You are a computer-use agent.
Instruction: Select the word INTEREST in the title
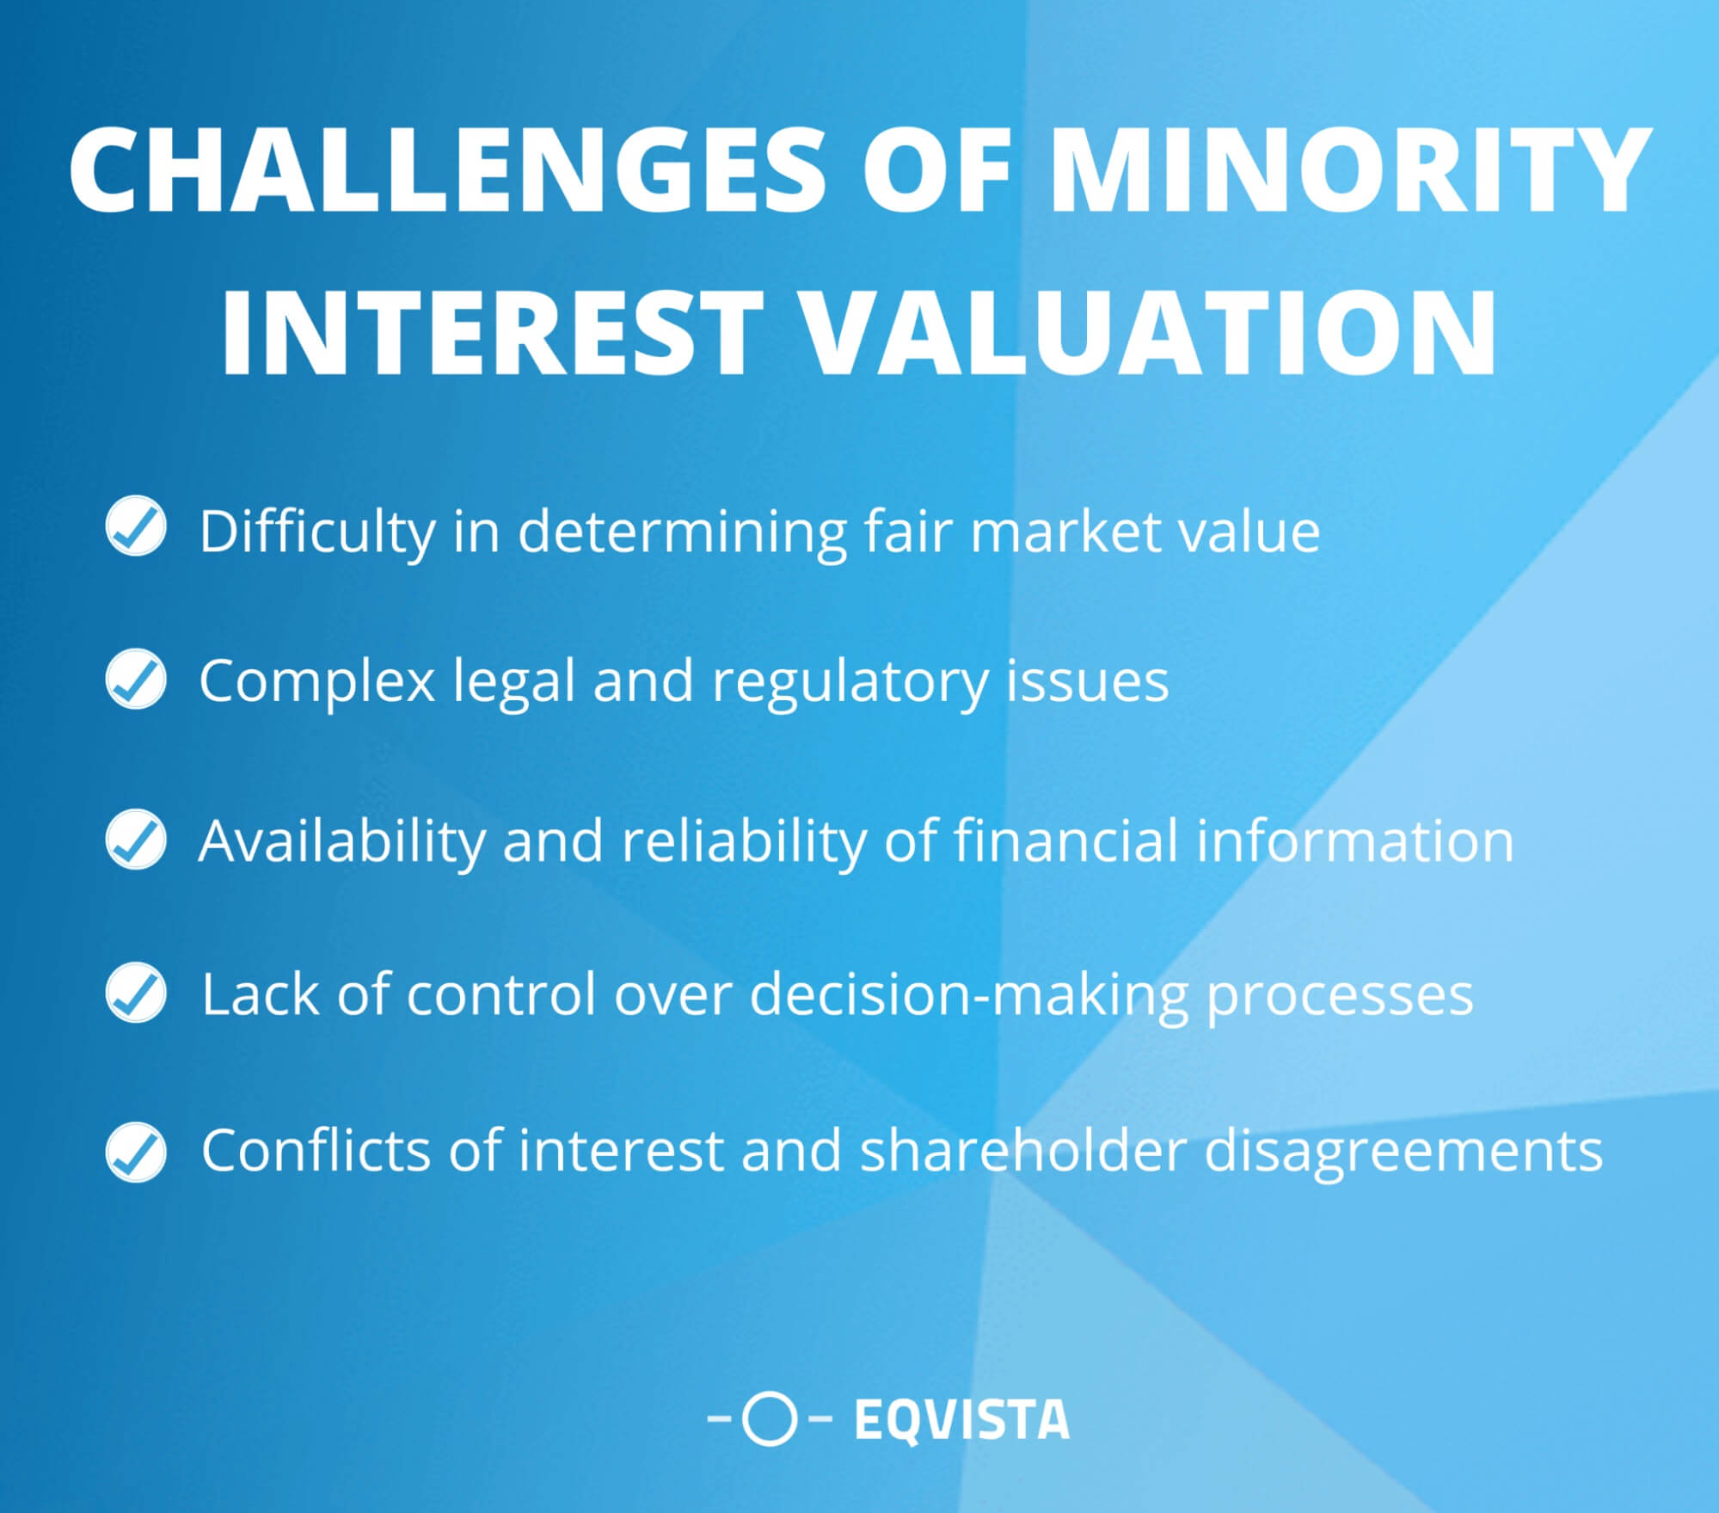(x=492, y=333)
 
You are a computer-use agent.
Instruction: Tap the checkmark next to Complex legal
(x=136, y=680)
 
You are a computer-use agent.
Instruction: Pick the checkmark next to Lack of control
(x=136, y=993)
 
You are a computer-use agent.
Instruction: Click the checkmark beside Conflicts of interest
(x=136, y=1151)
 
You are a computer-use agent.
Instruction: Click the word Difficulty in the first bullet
(x=316, y=532)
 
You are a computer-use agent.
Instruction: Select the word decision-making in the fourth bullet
(x=969, y=995)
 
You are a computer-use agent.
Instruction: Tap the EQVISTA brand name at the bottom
(x=961, y=1419)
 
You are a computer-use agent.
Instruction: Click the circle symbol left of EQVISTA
(x=769, y=1419)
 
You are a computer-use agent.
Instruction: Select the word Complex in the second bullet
(x=316, y=682)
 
